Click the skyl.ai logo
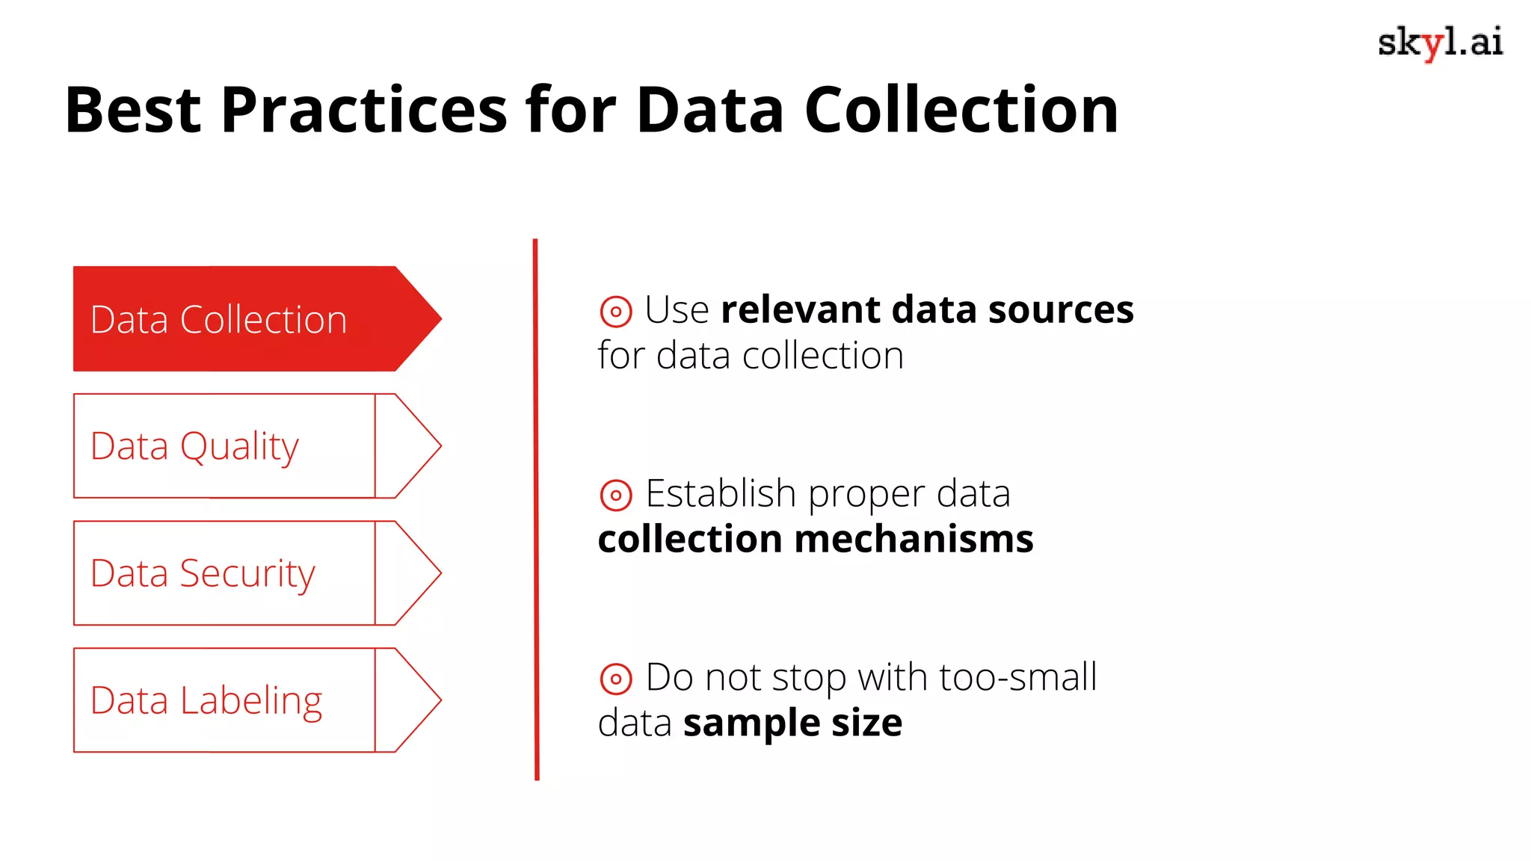click(x=1440, y=43)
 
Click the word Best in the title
click(x=133, y=110)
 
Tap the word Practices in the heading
click(x=364, y=110)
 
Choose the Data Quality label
click(x=194, y=447)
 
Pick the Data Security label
click(x=203, y=574)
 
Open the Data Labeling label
click(x=206, y=701)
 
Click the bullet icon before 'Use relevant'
click(x=616, y=311)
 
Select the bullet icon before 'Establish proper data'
click(x=616, y=495)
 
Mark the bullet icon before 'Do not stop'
click(x=616, y=679)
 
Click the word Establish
click(x=721, y=493)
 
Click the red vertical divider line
click(x=536, y=508)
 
